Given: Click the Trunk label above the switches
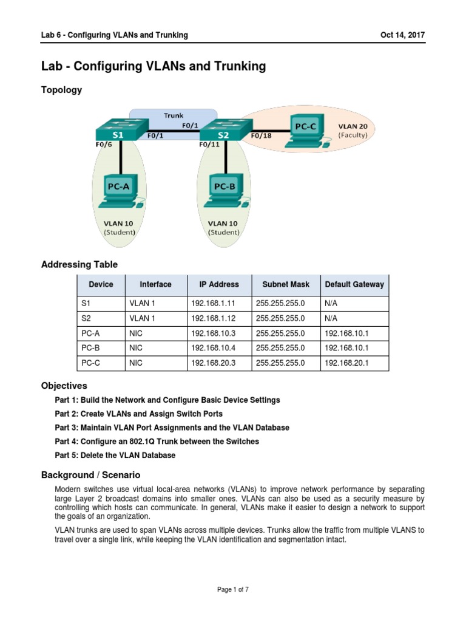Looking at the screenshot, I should click(x=174, y=114).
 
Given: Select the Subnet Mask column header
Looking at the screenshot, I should click(x=286, y=284).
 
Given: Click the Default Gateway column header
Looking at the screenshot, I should click(x=354, y=284).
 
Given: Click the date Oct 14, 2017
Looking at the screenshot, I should click(x=402, y=35).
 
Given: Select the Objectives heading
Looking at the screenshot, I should click(x=64, y=386).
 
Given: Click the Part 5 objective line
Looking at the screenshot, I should click(x=115, y=456).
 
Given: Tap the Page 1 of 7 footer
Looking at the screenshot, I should click(x=233, y=589).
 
